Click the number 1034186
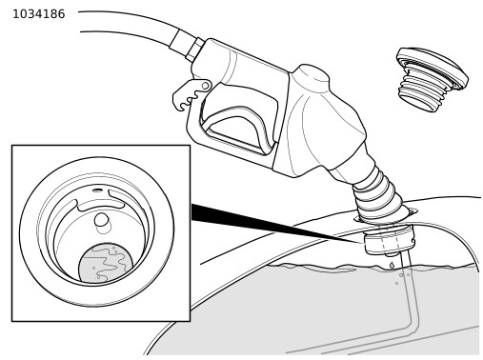coord(39,14)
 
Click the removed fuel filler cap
coord(433,79)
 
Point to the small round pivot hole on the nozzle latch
coord(205,86)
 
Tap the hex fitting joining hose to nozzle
coord(194,50)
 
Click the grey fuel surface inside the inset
coord(106,263)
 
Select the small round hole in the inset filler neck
coord(101,219)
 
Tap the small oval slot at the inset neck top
coord(97,190)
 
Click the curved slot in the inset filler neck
coord(97,206)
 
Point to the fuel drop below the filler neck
coord(392,265)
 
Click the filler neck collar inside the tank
coord(389,240)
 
